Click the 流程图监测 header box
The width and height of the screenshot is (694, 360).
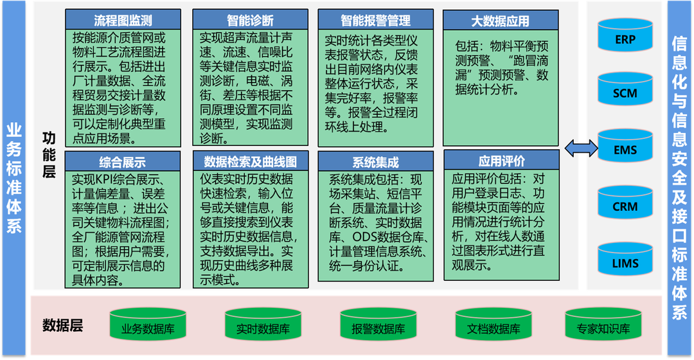(x=123, y=20)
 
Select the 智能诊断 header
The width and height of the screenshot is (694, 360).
(x=249, y=20)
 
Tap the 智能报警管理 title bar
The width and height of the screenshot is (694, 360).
(x=375, y=20)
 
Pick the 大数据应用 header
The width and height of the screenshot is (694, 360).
(x=500, y=20)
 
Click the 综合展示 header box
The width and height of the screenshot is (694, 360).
(x=122, y=162)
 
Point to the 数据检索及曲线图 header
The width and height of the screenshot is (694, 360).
(x=250, y=161)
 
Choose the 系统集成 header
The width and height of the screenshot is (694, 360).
(x=375, y=162)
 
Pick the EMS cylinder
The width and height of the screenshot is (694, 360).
(x=625, y=148)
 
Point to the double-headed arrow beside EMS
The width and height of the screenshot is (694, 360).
(x=581, y=149)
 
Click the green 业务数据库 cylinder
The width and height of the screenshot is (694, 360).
(x=148, y=326)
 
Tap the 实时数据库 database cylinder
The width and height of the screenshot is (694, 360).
(x=263, y=326)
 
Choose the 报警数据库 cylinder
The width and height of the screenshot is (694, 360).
(x=378, y=326)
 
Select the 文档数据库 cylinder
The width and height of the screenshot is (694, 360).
(x=493, y=326)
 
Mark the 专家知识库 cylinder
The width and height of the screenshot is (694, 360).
(x=603, y=326)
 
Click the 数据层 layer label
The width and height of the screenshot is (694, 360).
(x=63, y=325)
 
